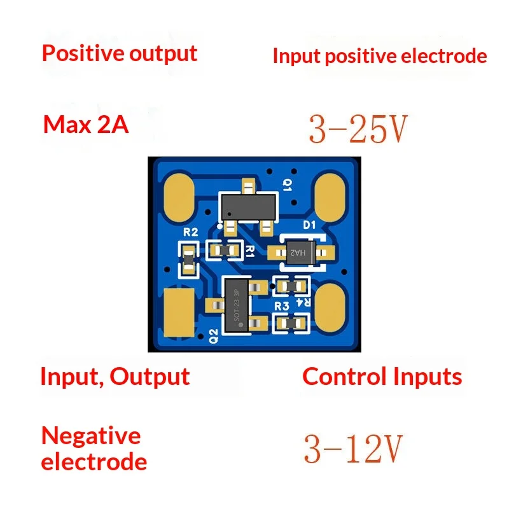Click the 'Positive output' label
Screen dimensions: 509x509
pos(120,53)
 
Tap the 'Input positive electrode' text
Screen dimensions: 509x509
pos(380,56)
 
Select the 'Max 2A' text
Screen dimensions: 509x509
pos(86,125)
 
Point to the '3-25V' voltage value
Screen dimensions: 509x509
pos(358,129)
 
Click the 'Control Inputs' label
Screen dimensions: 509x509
pos(382,377)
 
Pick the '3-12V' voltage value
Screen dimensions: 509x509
pos(353,449)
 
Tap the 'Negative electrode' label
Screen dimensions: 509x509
pos(94,449)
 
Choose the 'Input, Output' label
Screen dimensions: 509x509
pos(115,377)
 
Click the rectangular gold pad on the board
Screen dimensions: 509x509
pos(179,312)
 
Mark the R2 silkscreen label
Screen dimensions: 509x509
pos(190,232)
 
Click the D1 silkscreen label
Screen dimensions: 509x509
pos(309,225)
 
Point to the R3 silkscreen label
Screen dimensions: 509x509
pos(281,307)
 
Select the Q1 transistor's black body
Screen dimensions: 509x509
pos(248,207)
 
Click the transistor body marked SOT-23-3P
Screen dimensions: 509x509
pos(237,305)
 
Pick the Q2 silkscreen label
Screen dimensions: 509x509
pos(213,336)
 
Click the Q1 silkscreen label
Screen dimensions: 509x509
pos(288,185)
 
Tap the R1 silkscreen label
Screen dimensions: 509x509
pos(249,251)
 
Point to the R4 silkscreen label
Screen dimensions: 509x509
pos(303,302)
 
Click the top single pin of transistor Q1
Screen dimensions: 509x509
pos(249,186)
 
